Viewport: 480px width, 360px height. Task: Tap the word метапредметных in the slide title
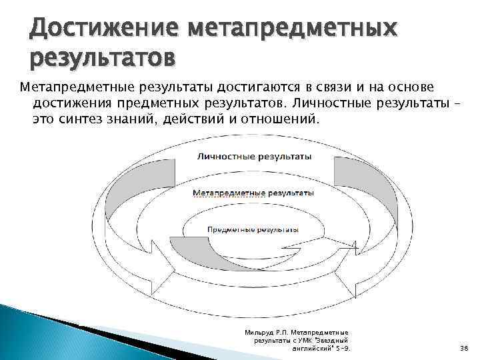pos(293,30)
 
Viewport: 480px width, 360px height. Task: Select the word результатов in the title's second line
pos(103,59)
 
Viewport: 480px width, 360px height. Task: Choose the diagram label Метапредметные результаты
pos(253,192)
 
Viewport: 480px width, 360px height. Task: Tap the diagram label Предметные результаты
pos(253,229)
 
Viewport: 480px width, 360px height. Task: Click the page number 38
pos(464,348)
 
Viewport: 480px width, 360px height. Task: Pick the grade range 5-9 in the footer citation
pos(343,348)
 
